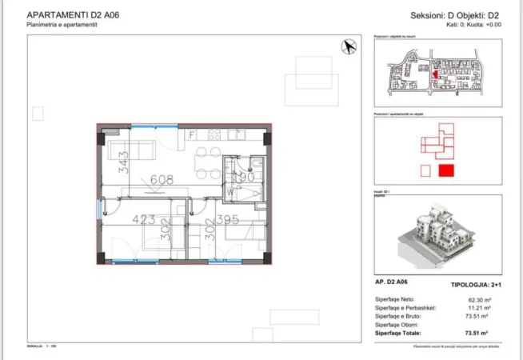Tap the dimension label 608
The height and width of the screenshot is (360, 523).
[161, 181]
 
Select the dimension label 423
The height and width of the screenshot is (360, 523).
[146, 218]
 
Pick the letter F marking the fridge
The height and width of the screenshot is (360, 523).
[193, 135]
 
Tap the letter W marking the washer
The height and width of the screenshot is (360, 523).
[230, 193]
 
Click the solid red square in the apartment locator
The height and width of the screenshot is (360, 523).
[446, 170]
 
